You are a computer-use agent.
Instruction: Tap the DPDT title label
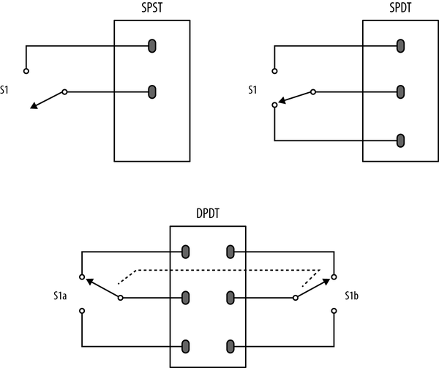tap(208, 216)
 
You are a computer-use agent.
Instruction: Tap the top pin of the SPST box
tap(152, 46)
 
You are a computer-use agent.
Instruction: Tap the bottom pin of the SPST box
tap(152, 92)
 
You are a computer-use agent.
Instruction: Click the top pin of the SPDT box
tap(400, 46)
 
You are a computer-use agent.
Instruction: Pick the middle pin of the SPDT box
tap(400, 92)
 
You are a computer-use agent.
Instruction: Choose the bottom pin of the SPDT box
tap(400, 139)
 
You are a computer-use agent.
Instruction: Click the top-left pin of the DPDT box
tap(185, 252)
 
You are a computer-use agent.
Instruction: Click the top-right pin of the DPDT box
tap(231, 252)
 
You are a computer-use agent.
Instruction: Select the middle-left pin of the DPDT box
tap(185, 298)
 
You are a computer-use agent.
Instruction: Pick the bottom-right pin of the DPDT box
tap(231, 345)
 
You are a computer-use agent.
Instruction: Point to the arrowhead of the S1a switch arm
tap(89, 282)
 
